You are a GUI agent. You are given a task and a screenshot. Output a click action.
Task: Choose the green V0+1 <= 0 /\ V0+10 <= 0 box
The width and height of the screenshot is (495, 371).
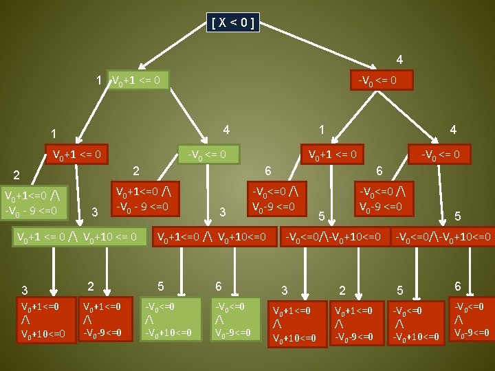pos(80,238)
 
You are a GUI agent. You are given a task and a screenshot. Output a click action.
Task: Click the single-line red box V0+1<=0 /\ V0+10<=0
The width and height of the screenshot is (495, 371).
pos(213,238)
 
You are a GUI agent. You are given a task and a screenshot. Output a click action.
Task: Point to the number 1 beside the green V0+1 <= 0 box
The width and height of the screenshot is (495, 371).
pos(100,80)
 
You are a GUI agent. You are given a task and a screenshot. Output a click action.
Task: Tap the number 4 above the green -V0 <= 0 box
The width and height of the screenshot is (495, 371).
pos(227,129)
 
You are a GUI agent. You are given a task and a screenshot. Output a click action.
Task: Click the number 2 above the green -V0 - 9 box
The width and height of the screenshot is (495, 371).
pos(136,170)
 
